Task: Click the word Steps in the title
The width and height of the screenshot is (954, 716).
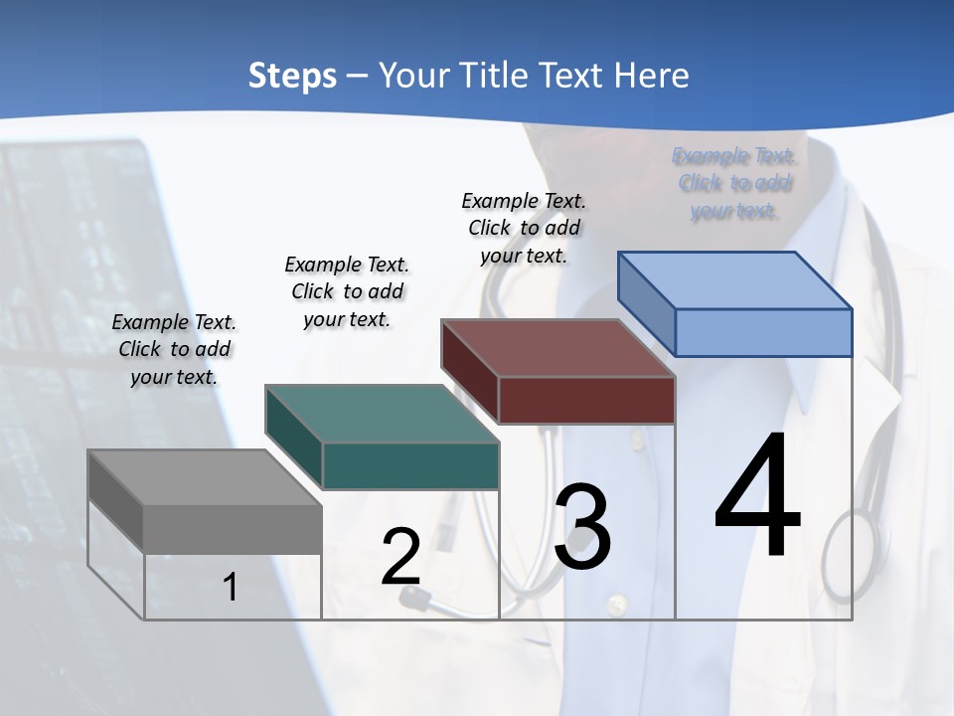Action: point(292,76)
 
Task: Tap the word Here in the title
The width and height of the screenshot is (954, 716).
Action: point(652,76)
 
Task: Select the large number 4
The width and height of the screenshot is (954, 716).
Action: point(757,496)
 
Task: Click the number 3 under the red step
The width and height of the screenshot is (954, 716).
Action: point(582,528)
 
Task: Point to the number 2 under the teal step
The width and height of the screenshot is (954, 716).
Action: point(400,557)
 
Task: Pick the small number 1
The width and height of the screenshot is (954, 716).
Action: point(231,587)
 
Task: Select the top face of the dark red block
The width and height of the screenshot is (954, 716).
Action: point(557,348)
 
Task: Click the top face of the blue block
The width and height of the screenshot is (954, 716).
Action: point(734,280)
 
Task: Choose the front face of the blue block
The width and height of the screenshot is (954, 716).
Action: point(763,332)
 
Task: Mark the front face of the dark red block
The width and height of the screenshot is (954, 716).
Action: point(586,400)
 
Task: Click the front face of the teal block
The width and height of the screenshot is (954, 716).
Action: point(410,465)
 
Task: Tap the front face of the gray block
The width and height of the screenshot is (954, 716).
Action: point(233,529)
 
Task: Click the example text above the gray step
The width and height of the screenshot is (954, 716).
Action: point(174,349)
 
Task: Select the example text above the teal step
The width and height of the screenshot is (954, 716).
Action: point(347,291)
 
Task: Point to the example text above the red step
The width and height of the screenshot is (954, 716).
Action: point(524,228)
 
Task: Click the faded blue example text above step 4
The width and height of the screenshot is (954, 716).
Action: point(734,183)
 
